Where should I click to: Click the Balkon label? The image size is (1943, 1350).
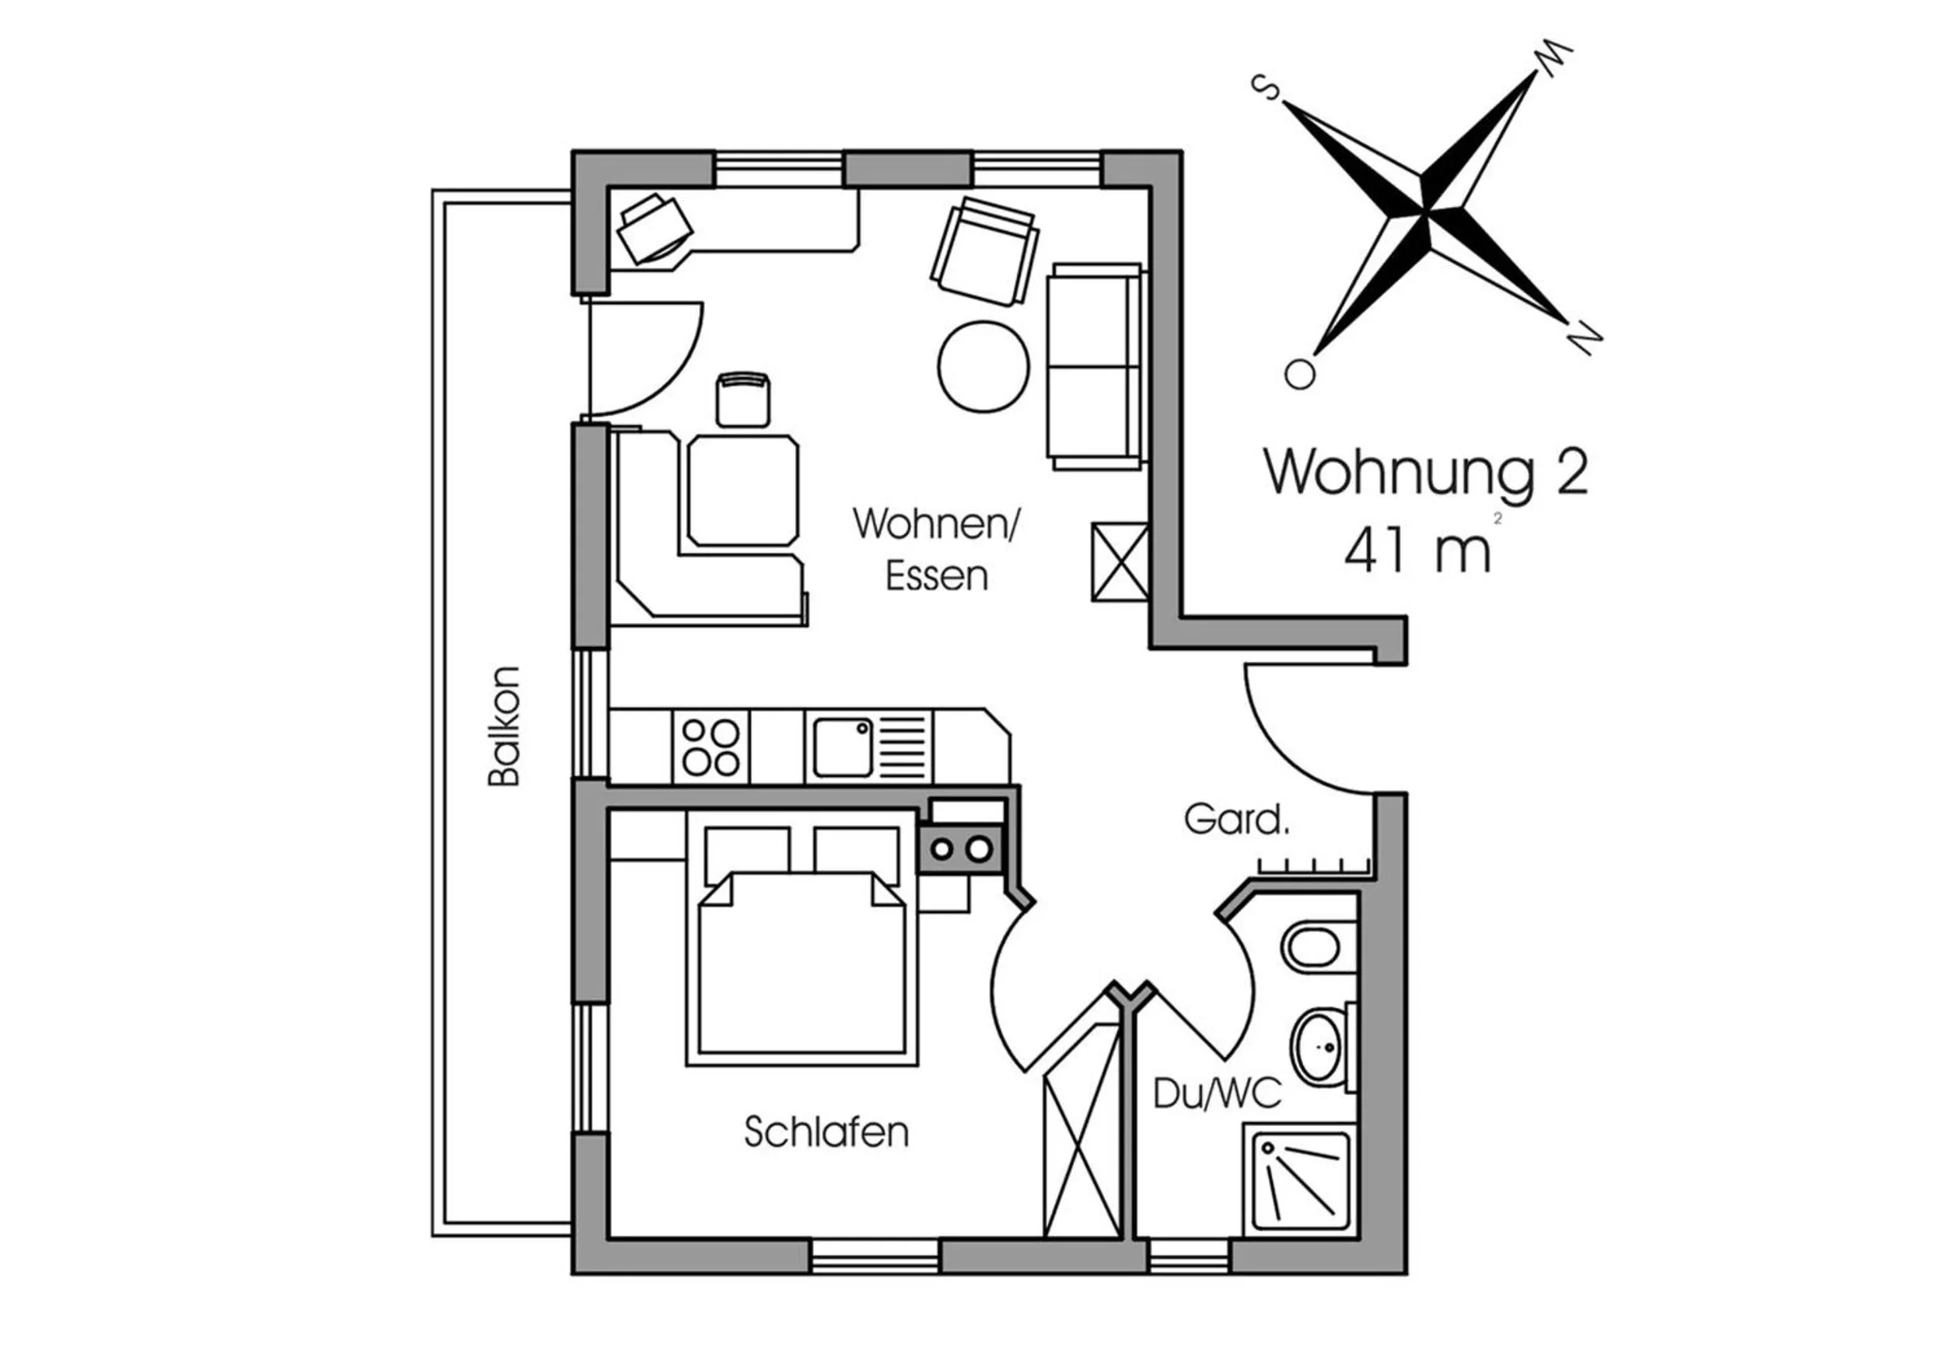(503, 726)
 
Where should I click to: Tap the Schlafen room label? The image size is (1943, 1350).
(826, 1131)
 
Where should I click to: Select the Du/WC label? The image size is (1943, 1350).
(1217, 1093)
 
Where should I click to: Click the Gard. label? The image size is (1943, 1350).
(1236, 819)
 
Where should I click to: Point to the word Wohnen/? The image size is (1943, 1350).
(937, 523)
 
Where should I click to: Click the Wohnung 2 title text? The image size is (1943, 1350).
(1425, 472)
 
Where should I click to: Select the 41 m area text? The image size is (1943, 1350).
(1417, 551)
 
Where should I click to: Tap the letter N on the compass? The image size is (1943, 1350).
(1583, 338)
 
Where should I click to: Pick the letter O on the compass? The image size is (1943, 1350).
(1299, 374)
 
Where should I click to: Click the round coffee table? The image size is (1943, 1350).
(984, 366)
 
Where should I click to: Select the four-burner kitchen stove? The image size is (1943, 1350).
(710, 747)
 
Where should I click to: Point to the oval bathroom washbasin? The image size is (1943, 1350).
(1317, 1047)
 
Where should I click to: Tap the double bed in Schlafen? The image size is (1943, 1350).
(802, 938)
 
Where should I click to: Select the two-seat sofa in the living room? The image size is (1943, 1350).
(1096, 366)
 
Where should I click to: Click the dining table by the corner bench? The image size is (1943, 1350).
(743, 491)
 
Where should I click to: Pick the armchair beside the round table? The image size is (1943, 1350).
(985, 251)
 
